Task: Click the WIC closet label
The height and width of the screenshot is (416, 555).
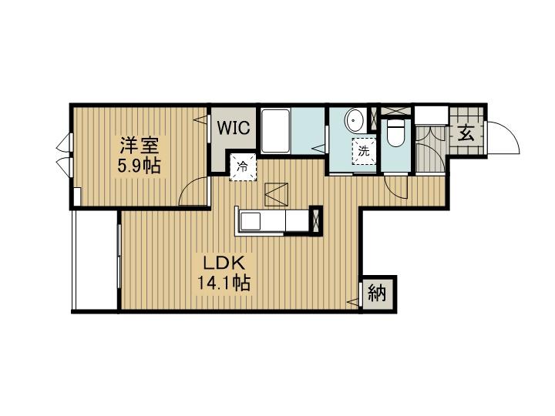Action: [x=234, y=127]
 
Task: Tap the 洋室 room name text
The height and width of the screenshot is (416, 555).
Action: [x=139, y=145]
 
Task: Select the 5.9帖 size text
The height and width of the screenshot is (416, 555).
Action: [x=139, y=166]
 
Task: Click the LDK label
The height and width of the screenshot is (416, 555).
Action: [x=224, y=263]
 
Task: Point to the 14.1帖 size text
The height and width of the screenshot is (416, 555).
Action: [x=224, y=283]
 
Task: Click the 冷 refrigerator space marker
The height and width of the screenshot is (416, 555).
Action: [x=243, y=166]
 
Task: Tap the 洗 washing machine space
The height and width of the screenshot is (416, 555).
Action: [x=364, y=151]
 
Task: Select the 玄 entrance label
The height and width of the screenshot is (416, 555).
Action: [x=466, y=134]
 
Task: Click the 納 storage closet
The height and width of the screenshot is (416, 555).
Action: [x=377, y=294]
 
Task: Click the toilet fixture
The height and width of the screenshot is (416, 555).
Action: [x=395, y=133]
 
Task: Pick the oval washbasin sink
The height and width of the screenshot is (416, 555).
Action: [x=355, y=120]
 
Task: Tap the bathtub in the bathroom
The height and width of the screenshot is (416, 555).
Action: [x=275, y=130]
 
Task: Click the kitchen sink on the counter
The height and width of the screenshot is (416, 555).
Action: [x=251, y=220]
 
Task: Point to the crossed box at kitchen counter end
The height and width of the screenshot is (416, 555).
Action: [x=316, y=220]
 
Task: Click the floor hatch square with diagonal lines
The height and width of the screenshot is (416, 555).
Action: [x=277, y=194]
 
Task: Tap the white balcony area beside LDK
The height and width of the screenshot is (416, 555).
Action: [x=95, y=260]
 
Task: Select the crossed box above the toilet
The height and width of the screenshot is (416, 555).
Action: [x=395, y=111]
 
